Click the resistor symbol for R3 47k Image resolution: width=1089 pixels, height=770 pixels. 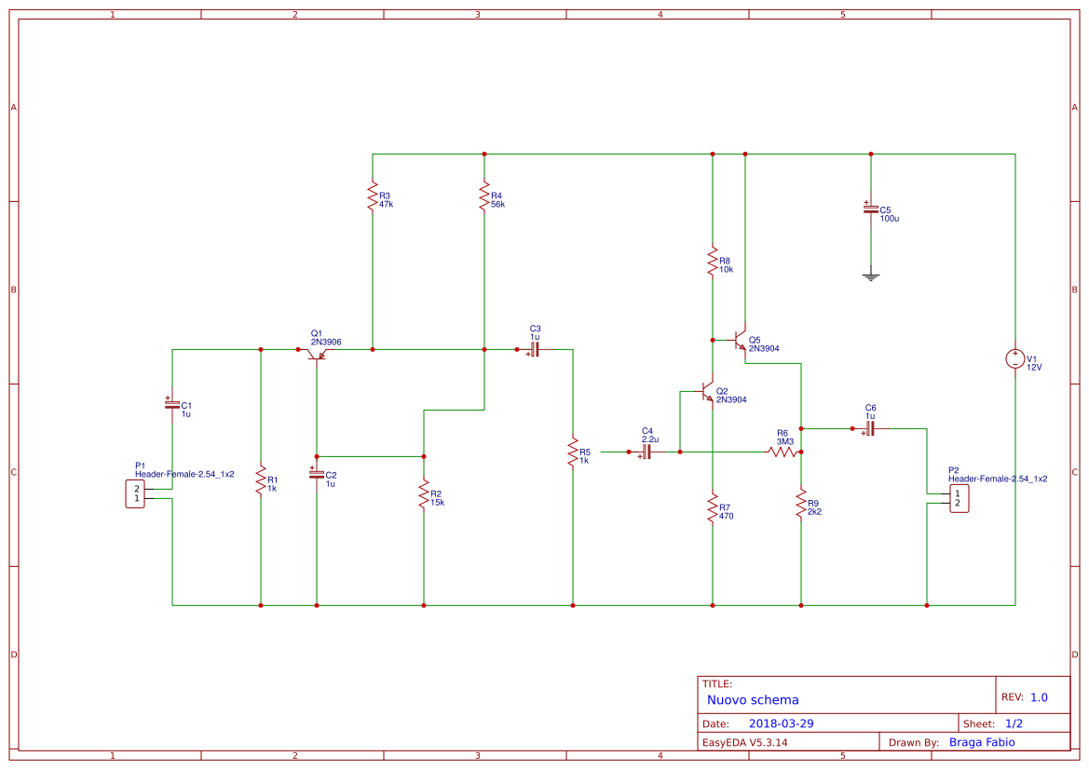click(373, 196)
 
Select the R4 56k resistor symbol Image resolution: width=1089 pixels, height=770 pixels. click(484, 196)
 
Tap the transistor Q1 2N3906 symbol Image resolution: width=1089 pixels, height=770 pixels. click(316, 353)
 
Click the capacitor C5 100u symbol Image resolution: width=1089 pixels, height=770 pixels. click(871, 210)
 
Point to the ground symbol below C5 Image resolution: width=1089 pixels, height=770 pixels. click(871, 277)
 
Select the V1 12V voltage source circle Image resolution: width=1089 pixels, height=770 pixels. click(1015, 358)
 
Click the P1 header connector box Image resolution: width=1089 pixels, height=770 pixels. click(136, 493)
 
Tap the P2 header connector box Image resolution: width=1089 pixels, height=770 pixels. click(959, 498)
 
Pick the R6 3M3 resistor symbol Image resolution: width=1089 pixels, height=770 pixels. click(783, 452)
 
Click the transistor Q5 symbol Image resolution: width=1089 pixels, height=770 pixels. click(741, 340)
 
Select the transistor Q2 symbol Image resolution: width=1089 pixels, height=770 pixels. click(708, 393)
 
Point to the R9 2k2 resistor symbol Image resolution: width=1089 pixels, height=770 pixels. click(801, 504)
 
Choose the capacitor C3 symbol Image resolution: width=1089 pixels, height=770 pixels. click(535, 350)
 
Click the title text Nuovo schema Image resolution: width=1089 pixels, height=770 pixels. click(753, 699)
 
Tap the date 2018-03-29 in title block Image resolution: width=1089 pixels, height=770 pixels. click(782, 723)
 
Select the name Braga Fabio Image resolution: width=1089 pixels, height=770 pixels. click(981, 742)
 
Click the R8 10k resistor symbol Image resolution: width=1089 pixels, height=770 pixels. click(713, 262)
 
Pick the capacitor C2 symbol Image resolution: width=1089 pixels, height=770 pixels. click(317, 474)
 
